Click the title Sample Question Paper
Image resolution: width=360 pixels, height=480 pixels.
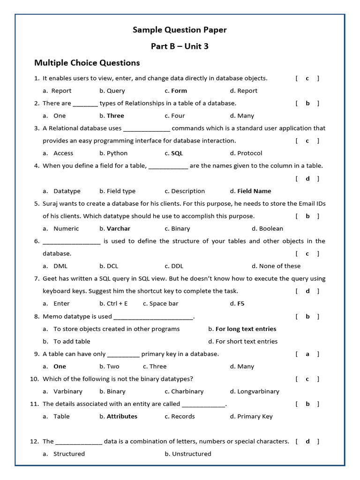click(180, 30)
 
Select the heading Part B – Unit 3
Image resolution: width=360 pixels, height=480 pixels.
click(180, 46)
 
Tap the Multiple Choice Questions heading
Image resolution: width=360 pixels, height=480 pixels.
click(87, 63)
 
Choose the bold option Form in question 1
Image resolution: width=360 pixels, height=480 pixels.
click(179, 91)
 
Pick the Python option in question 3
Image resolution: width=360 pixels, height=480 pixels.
click(117, 153)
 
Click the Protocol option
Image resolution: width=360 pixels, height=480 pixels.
click(249, 153)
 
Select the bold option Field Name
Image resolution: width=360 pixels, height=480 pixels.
click(254, 191)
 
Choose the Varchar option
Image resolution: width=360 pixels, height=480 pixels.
click(118, 229)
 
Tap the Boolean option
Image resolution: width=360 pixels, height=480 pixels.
click(270, 229)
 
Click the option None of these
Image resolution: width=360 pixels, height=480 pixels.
click(279, 266)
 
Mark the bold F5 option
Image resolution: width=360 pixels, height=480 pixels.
click(240, 304)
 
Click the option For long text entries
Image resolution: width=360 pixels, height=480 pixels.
click(246, 329)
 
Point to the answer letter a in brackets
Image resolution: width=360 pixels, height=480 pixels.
click(307, 354)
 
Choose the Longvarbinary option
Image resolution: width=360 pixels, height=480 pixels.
click(258, 391)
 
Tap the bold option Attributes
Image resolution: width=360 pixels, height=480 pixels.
click(122, 416)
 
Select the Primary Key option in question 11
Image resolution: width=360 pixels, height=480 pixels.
click(255, 416)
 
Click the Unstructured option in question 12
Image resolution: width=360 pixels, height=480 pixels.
click(191, 454)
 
